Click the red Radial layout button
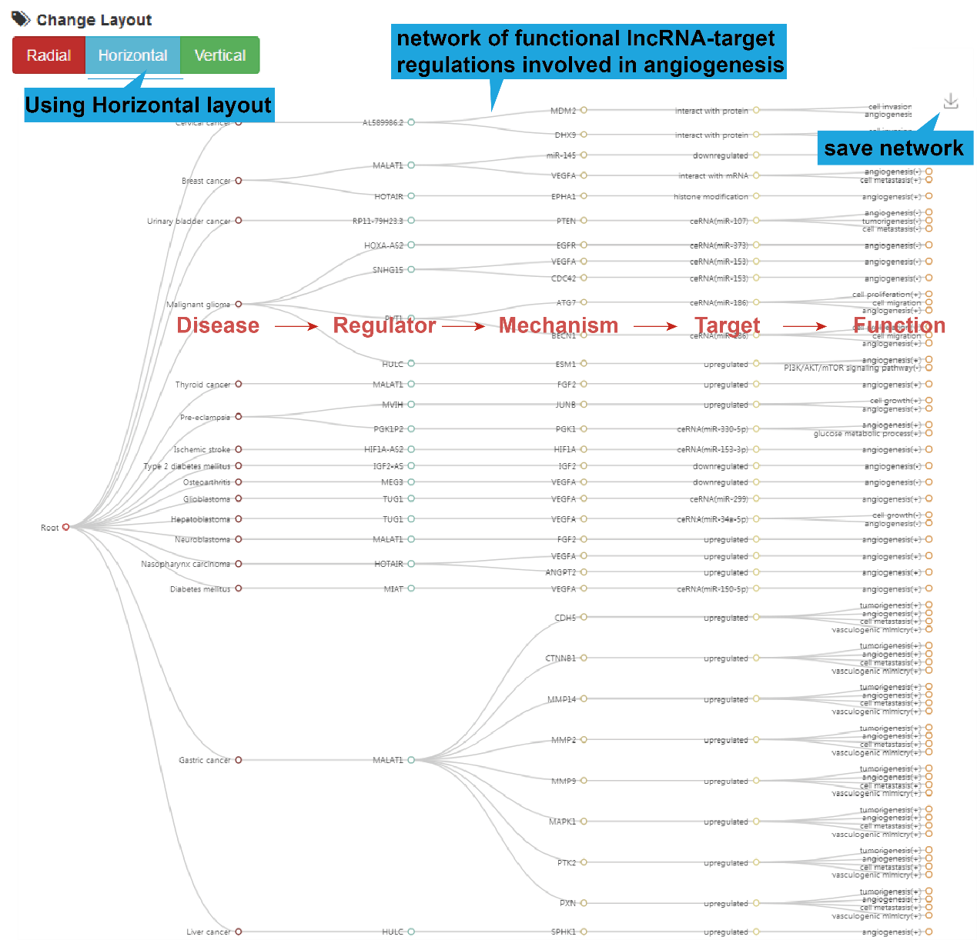(x=49, y=55)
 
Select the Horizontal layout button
(x=132, y=55)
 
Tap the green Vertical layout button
(x=220, y=55)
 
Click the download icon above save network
(x=951, y=102)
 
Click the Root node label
(x=50, y=528)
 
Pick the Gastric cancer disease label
(x=205, y=760)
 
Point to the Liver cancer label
(x=208, y=932)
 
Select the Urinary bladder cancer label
(x=189, y=221)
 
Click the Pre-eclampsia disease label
(x=205, y=417)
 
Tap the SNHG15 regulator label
(x=387, y=270)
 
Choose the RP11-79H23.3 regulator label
(x=377, y=221)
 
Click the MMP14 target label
(x=561, y=699)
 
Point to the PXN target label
(x=567, y=903)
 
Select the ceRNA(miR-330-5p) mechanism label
(x=712, y=429)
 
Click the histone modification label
(x=711, y=197)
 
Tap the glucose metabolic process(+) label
(x=867, y=434)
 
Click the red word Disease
(x=218, y=325)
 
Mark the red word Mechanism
(x=558, y=325)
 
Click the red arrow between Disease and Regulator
(x=296, y=326)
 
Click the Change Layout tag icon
(x=21, y=18)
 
